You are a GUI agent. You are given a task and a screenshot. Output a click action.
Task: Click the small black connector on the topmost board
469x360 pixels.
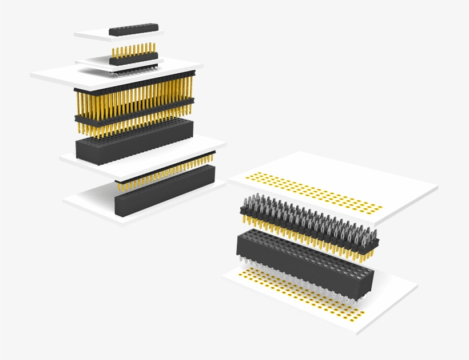point(133,27)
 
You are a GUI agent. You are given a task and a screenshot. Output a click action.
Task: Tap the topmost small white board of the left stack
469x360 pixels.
point(92,35)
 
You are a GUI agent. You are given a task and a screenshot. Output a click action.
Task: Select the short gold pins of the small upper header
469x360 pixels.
point(133,50)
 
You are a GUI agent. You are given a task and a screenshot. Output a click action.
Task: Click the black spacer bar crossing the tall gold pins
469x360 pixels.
point(134,111)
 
